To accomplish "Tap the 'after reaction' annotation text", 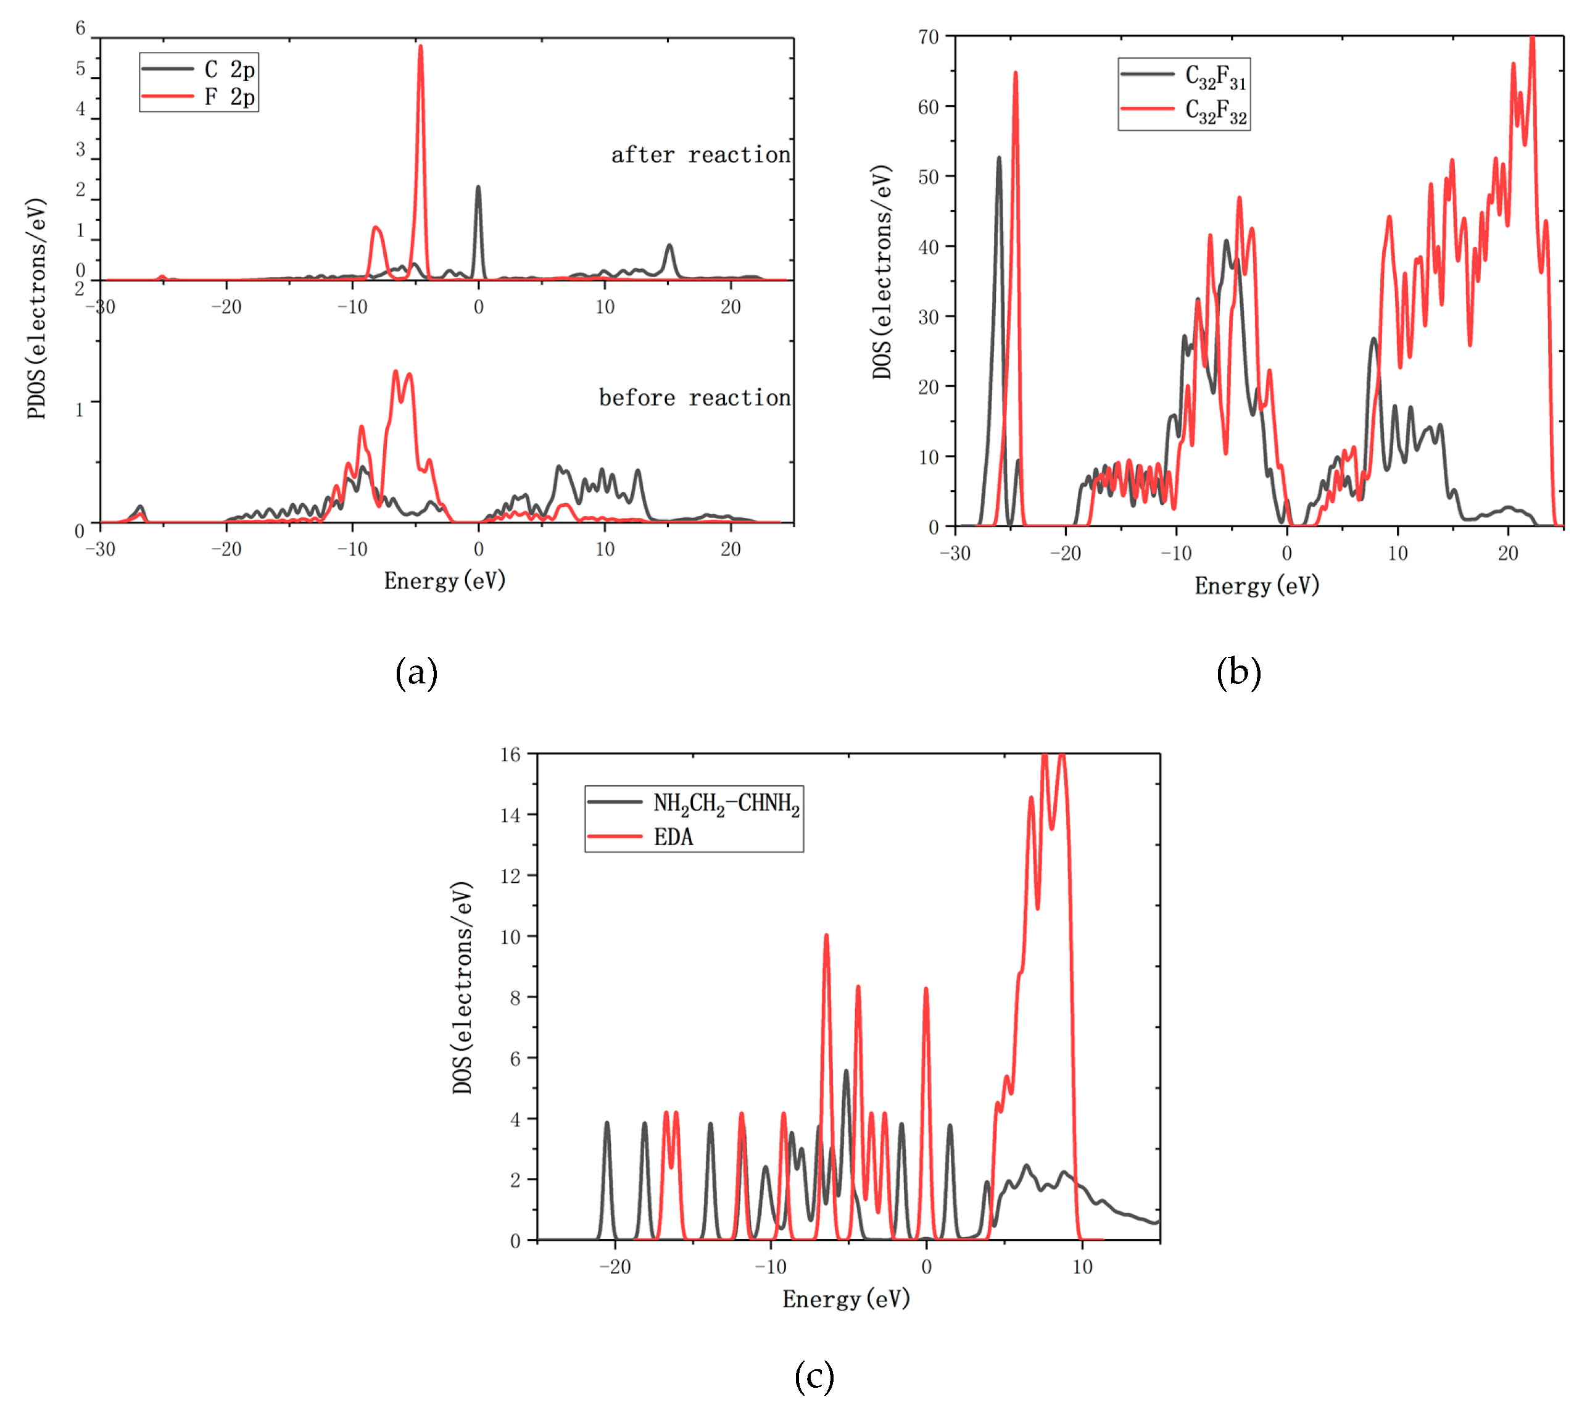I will (x=700, y=155).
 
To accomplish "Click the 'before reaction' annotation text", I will (x=694, y=398).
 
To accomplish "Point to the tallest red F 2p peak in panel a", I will (x=420, y=48).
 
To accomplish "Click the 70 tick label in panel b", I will (x=928, y=37).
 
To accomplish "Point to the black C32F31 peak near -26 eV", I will (x=999, y=160).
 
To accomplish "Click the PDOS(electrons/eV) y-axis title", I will (x=36, y=308).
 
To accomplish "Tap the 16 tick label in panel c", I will (x=510, y=754).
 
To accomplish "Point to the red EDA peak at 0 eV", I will (x=926, y=991).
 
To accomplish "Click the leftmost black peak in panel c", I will (x=607, y=1124).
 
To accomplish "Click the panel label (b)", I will (x=1238, y=672).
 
